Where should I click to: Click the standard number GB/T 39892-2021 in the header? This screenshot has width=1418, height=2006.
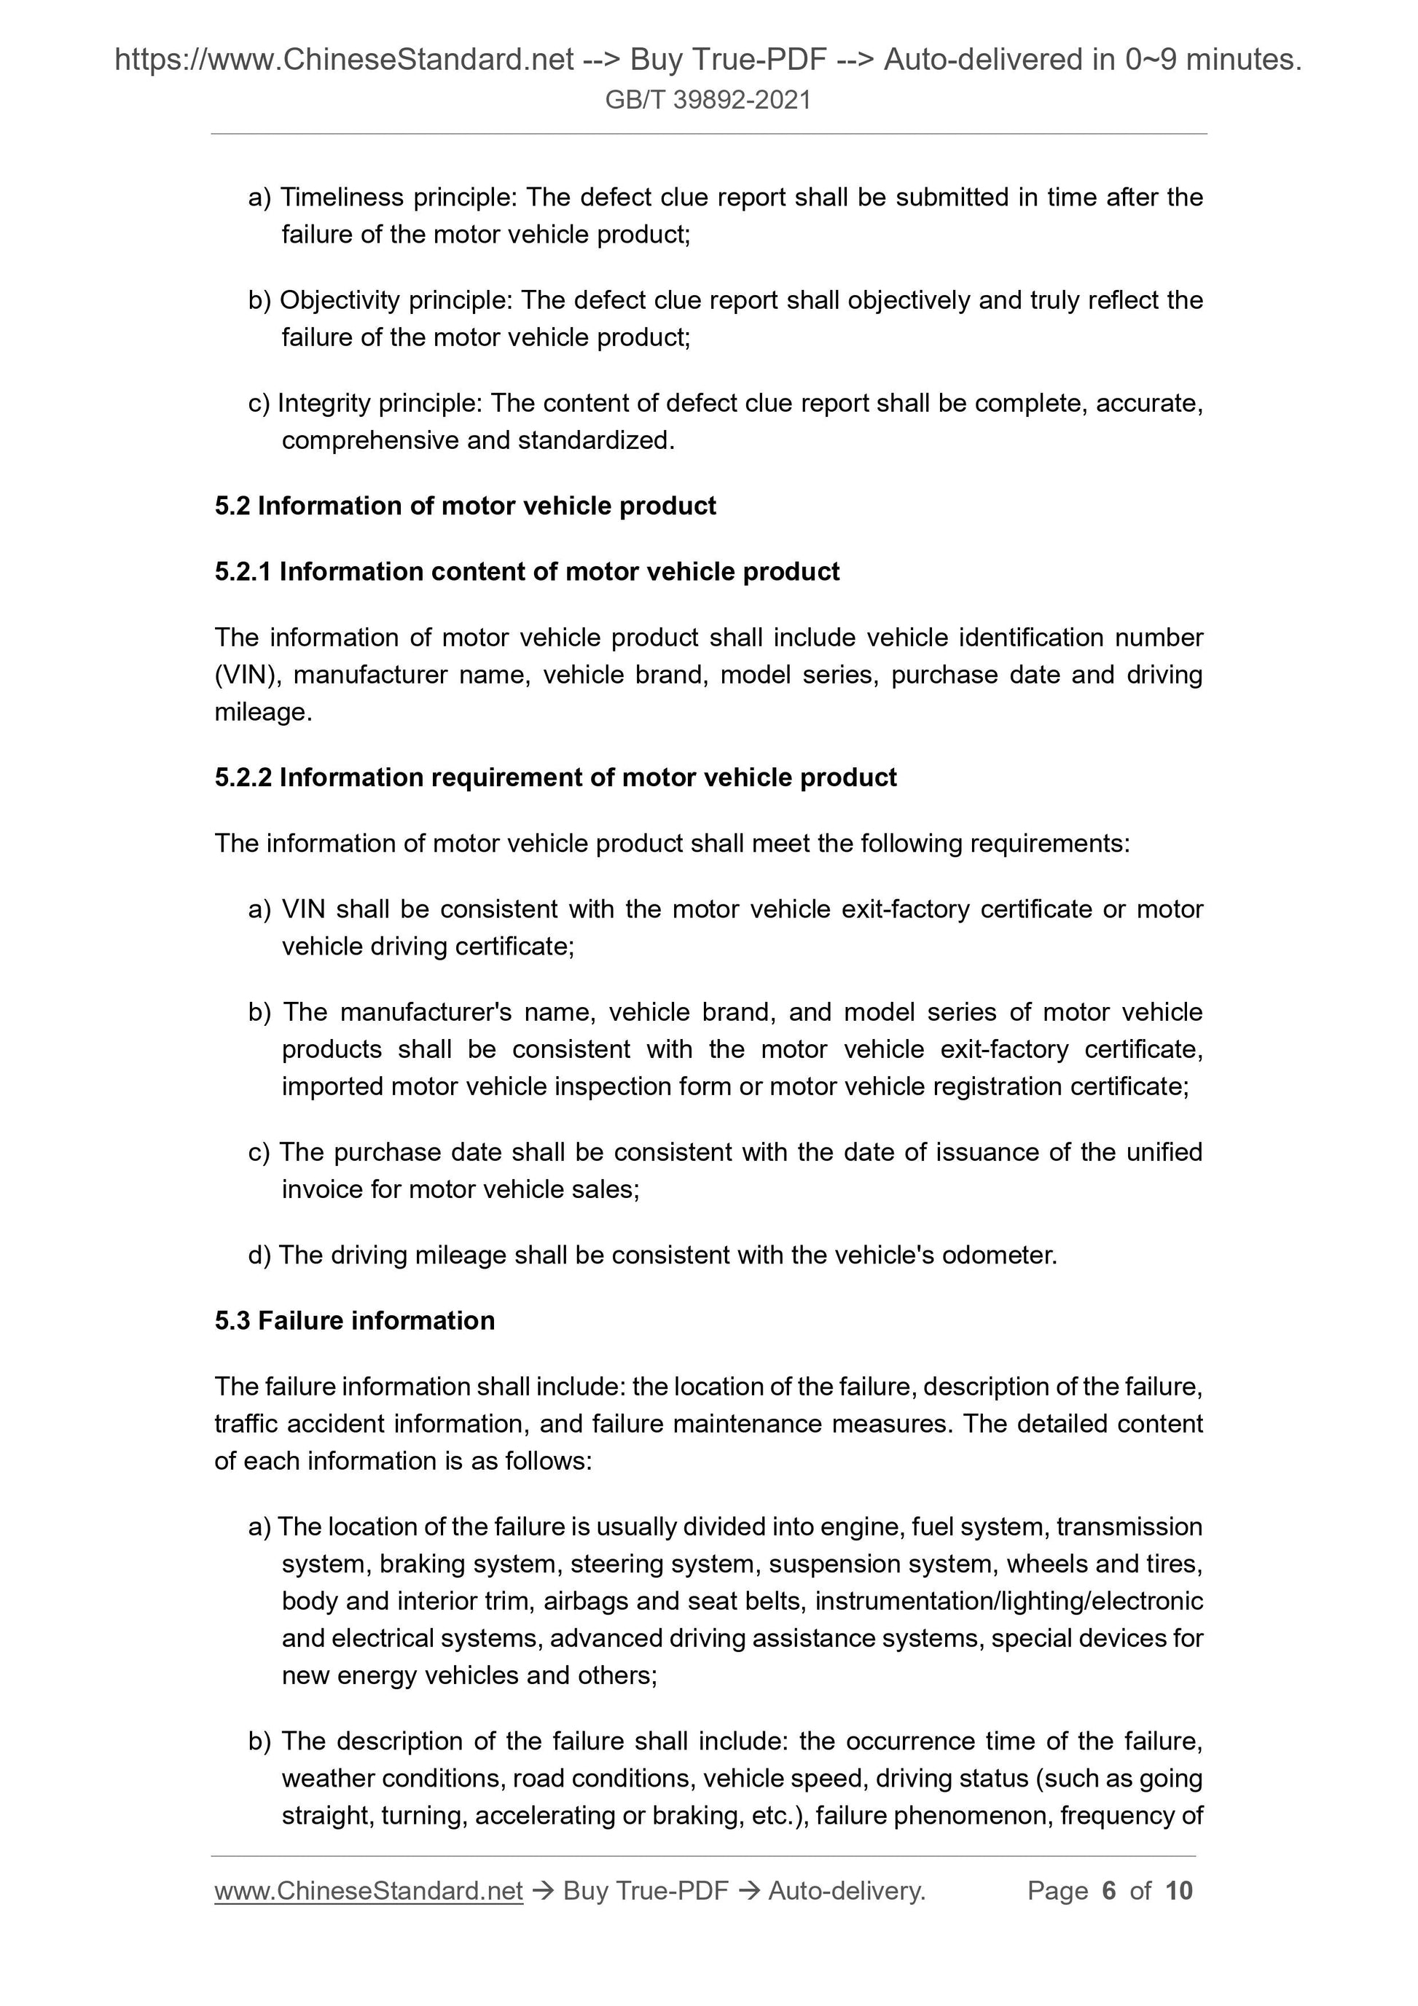click(x=708, y=101)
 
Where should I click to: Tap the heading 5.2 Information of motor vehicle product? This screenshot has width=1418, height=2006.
click(x=465, y=506)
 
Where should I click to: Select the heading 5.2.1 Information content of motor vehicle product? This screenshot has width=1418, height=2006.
click(x=527, y=571)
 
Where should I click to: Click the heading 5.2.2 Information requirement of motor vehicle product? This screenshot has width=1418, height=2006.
click(x=556, y=777)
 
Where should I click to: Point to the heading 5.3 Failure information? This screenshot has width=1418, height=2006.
click(x=355, y=1320)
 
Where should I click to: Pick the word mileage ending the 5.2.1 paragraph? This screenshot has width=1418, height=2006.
click(x=260, y=713)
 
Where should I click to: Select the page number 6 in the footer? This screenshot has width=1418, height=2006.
click(x=1109, y=1892)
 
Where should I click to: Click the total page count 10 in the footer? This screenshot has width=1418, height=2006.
click(x=1178, y=1892)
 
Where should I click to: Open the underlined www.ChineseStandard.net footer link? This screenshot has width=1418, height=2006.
click(x=368, y=1892)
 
